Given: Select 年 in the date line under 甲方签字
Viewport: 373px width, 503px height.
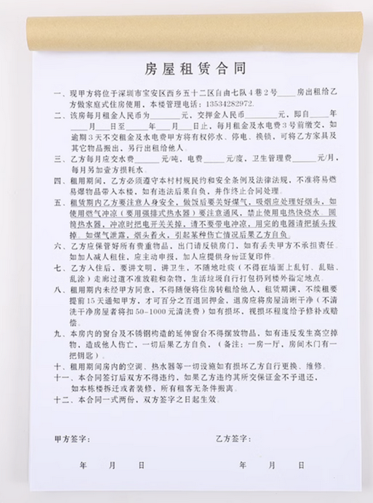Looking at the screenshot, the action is pos(84,464).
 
